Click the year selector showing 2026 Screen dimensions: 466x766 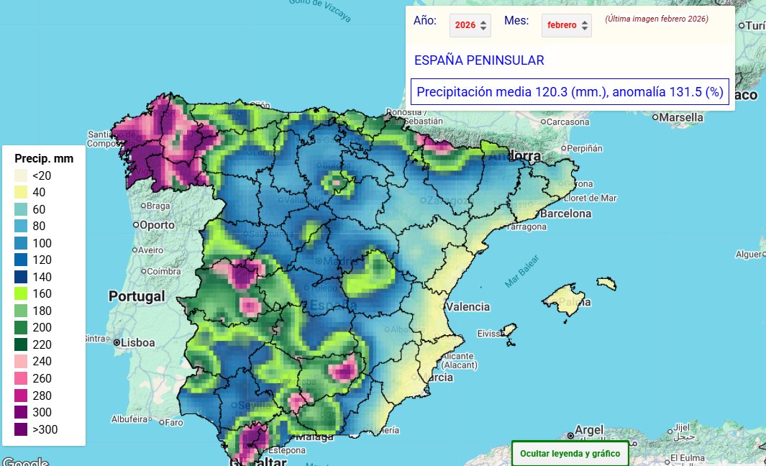click(470, 25)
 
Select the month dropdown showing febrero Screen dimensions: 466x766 click(566, 25)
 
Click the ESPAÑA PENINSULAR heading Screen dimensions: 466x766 click(478, 60)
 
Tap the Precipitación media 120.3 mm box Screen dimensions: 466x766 click(569, 92)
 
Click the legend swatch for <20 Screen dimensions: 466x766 click(22, 175)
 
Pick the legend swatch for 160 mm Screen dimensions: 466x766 click(22, 293)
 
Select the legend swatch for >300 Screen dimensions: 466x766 click(22, 429)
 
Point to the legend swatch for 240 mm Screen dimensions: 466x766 click(22, 361)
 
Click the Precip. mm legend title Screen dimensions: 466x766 click(43, 158)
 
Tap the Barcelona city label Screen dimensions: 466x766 click(565, 214)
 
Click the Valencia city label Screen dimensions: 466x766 click(468, 306)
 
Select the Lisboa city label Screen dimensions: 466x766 click(137, 343)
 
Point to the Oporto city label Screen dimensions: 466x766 click(156, 224)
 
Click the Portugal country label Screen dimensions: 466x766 click(136, 296)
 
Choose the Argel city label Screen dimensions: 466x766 click(589, 430)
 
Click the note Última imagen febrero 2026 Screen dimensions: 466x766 click(657, 19)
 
